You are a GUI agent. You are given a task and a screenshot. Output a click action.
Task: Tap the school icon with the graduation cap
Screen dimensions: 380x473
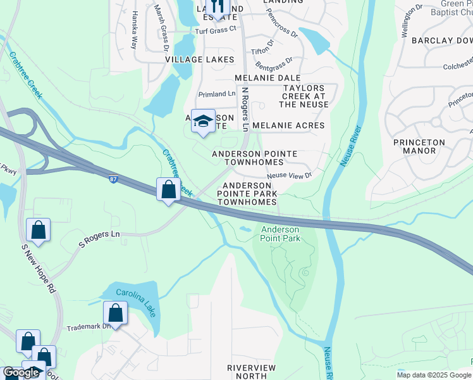pyautogui.click(x=203, y=120)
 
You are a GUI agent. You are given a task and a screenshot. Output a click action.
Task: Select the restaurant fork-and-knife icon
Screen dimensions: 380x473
pyautogui.click(x=217, y=6)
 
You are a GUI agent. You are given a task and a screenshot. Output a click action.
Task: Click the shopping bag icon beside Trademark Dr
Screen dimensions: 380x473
pyautogui.click(x=115, y=313)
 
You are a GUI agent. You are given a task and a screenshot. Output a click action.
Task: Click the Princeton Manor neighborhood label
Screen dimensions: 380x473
pyautogui.click(x=419, y=146)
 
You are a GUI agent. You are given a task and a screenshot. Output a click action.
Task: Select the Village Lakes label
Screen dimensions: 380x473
pyautogui.click(x=200, y=60)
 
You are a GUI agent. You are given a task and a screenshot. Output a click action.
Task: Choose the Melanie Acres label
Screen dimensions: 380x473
pyautogui.click(x=288, y=125)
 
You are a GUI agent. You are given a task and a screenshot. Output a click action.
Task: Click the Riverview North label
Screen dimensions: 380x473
pyautogui.click(x=252, y=372)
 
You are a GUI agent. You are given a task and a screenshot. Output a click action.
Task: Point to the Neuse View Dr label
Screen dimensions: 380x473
pyautogui.click(x=290, y=175)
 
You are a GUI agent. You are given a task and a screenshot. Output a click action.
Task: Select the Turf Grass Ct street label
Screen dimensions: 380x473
pyautogui.click(x=215, y=28)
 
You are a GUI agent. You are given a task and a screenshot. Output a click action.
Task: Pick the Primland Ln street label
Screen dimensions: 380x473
pyautogui.click(x=216, y=94)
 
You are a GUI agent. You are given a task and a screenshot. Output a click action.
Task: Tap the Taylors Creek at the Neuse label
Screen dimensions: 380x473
pyautogui.click(x=305, y=96)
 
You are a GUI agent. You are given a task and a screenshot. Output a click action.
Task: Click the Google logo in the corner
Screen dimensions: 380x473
pyautogui.click(x=21, y=372)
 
